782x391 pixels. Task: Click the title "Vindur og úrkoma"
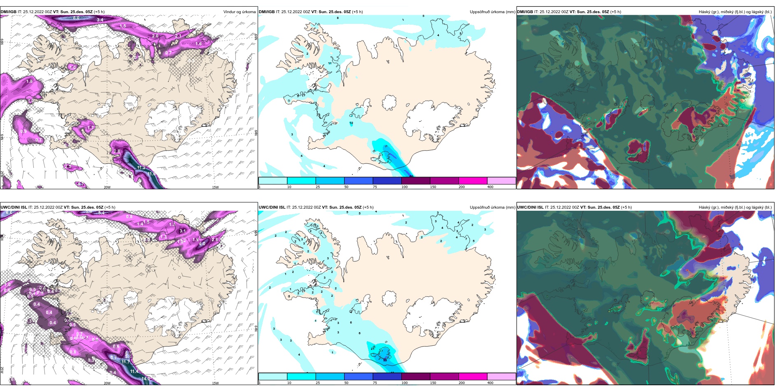[x=239, y=12]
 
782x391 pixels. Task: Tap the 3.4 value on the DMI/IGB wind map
[x=100, y=20]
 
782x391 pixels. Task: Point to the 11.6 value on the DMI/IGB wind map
[x=151, y=174]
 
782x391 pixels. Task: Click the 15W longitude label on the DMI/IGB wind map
[x=215, y=187]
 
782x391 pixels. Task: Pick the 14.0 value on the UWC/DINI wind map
[x=146, y=379]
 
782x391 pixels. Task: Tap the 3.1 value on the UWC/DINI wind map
[x=183, y=231]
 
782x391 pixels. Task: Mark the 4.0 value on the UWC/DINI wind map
[x=202, y=244]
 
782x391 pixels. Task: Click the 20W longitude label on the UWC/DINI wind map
[x=107, y=383]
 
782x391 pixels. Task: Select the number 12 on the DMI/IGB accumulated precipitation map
[x=351, y=123]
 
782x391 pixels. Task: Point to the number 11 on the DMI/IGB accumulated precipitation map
[x=330, y=63]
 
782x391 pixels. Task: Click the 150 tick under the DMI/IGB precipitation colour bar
[x=433, y=187]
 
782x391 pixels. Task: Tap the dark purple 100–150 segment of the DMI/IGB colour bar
[x=416, y=181]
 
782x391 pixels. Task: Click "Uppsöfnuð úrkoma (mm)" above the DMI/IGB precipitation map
[x=492, y=12]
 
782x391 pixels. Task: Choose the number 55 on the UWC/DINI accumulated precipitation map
[x=385, y=360]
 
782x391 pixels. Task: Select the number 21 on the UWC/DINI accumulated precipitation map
[x=373, y=349]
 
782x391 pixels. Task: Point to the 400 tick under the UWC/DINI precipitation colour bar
[x=490, y=383]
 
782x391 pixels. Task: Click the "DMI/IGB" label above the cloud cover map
[x=525, y=12]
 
